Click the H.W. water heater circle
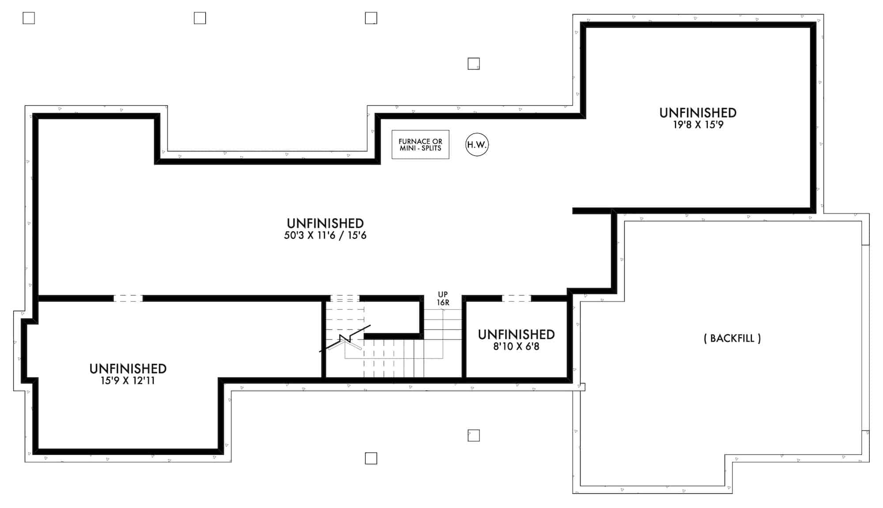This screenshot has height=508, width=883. (477, 145)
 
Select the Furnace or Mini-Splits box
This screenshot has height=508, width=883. (420, 145)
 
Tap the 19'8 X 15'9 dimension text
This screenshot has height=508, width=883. (698, 125)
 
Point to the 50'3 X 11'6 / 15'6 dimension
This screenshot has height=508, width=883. (325, 236)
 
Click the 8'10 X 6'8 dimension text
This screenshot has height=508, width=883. (516, 346)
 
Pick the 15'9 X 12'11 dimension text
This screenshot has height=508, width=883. (128, 381)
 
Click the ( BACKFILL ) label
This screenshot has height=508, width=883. (732, 339)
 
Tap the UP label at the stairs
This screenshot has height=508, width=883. (443, 294)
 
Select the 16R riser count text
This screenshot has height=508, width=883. (443, 303)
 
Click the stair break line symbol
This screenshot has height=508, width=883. (345, 339)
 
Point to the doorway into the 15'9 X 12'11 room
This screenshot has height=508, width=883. (128, 298)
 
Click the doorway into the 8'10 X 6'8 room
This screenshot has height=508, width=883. (516, 298)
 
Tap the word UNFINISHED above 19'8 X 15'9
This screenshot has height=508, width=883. (698, 113)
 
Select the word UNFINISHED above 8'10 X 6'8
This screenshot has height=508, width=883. (516, 335)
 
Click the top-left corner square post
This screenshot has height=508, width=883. (29, 18)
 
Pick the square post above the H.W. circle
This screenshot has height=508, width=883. (474, 64)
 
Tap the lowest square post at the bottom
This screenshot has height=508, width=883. (371, 459)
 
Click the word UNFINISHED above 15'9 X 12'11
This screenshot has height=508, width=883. (128, 369)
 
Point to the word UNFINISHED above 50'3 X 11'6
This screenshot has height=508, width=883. (325, 223)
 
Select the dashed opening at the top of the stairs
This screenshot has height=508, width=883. (345, 298)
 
